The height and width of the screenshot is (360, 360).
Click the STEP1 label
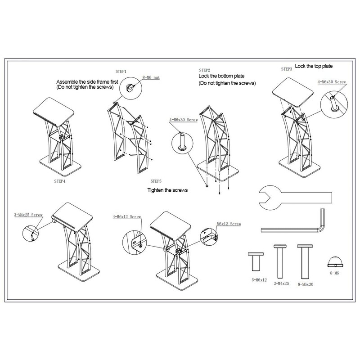point(121,71)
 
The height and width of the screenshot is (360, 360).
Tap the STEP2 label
point(205,71)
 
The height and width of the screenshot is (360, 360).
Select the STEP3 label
point(286,69)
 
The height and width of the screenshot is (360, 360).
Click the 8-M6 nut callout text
point(151,78)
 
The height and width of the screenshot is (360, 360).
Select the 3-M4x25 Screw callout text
point(27,216)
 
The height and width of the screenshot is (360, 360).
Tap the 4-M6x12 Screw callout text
point(127,217)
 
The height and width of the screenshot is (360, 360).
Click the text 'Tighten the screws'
point(167,190)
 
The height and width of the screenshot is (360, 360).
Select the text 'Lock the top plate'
point(314,66)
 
